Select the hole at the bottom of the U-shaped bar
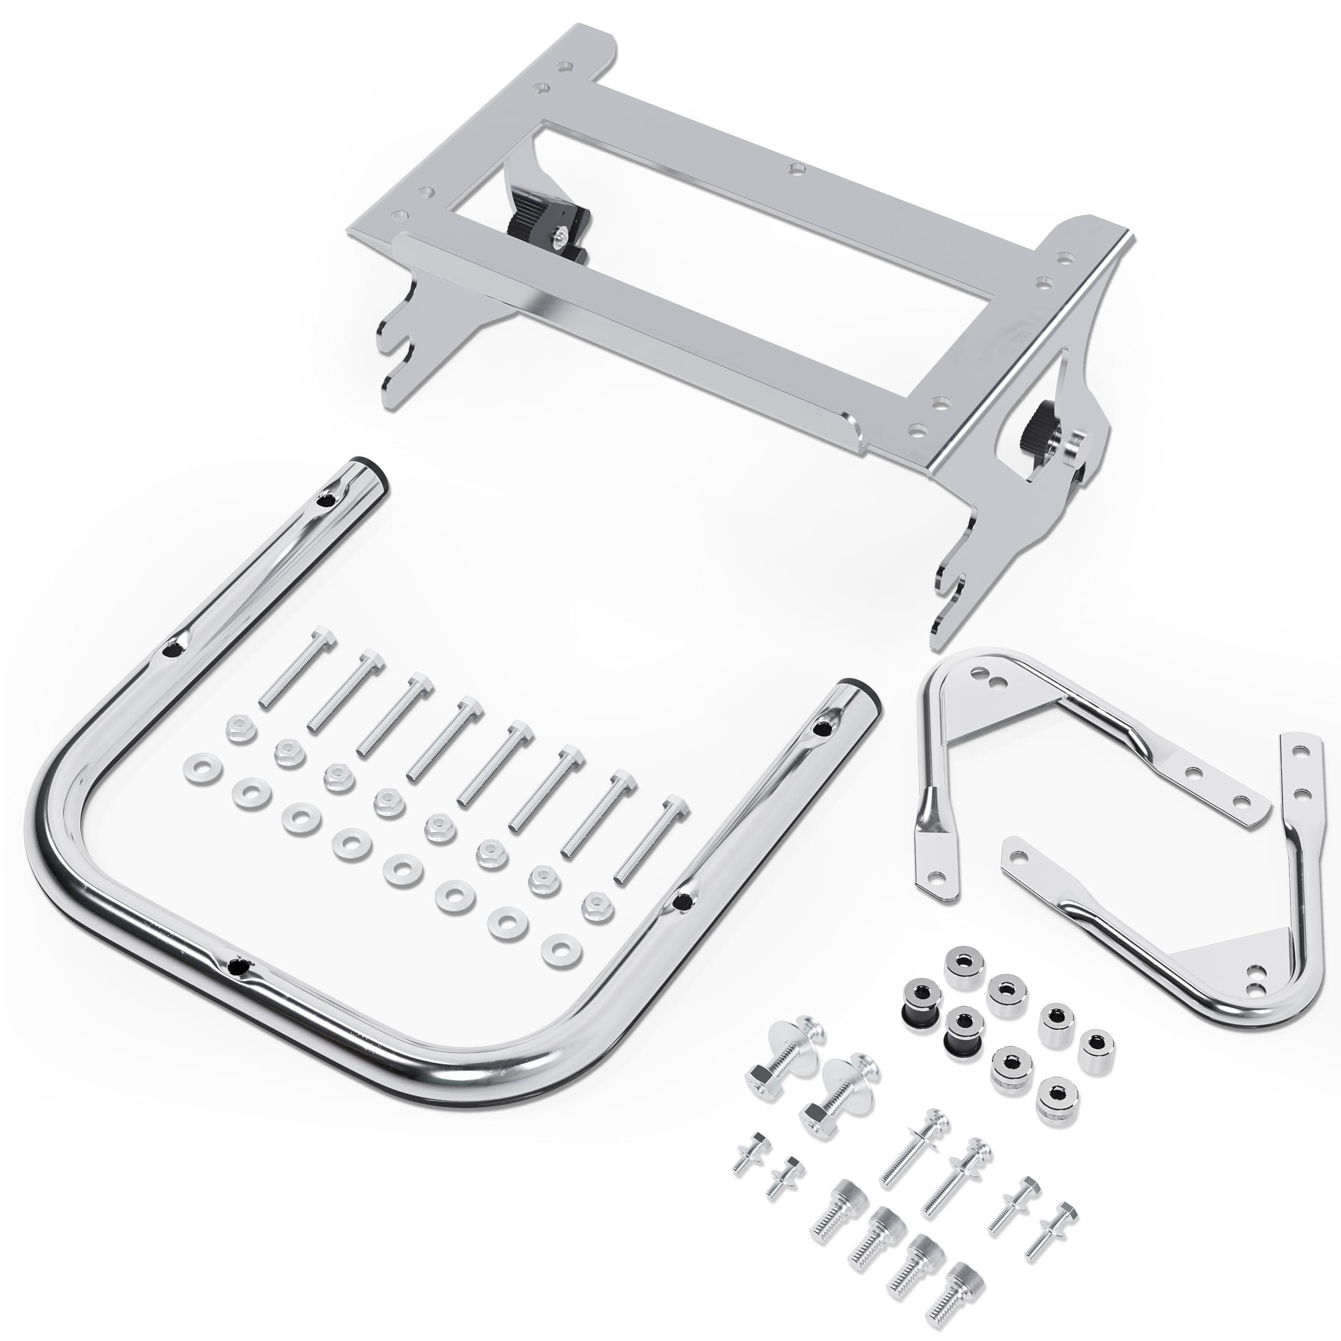click(239, 965)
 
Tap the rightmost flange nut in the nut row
click(594, 904)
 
